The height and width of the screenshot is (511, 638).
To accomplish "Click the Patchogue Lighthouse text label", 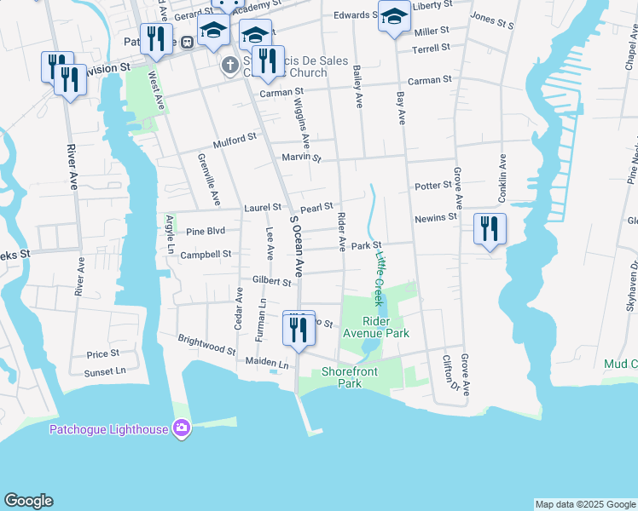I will coord(108,429).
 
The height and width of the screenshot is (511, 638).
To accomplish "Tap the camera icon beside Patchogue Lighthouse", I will coord(181,428).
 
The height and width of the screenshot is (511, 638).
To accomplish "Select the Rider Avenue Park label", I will coord(386,328).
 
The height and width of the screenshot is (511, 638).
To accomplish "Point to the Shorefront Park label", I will coord(354,377).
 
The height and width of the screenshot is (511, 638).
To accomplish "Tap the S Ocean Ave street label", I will coord(297,245).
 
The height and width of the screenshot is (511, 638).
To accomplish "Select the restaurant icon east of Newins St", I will coord(490,230).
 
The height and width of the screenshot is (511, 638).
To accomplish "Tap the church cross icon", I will coord(229,66).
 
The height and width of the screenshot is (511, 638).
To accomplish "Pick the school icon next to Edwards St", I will coord(393,18).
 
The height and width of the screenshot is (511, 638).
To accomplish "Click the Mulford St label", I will coord(235,138).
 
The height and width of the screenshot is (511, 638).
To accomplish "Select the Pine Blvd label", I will coord(206,231).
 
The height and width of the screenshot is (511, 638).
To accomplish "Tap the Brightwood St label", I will coord(206,345).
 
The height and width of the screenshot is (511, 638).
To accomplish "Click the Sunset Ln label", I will coord(105,372).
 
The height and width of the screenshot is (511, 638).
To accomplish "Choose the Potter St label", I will coord(432,185).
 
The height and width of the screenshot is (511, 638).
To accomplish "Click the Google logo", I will coord(28,501).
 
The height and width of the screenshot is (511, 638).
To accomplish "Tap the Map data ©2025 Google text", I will coord(584,504).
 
